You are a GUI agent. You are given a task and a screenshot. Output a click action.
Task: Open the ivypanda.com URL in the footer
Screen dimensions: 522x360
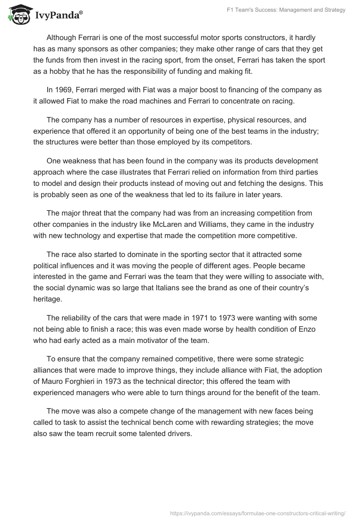click(x=257, y=513)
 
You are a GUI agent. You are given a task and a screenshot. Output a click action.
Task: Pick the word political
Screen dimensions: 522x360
click(x=48, y=265)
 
